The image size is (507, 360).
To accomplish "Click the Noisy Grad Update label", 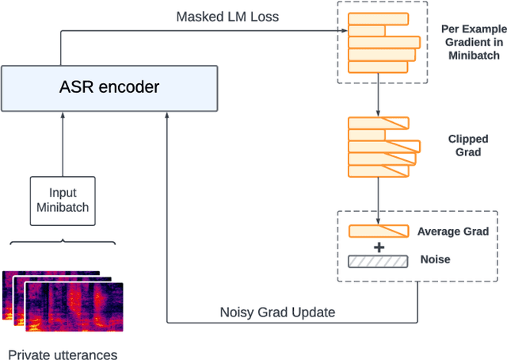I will coord(277,312).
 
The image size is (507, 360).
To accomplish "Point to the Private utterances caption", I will coord(62,354).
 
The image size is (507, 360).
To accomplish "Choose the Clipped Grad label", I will coord(468,145).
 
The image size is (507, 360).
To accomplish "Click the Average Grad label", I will coord(454,232).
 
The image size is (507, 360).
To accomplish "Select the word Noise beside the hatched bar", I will coord(435,259).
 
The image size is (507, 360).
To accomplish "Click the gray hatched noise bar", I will coord(378,260).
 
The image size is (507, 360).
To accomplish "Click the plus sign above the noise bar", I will coord(379,247).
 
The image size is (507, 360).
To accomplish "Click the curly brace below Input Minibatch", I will coord(62,242).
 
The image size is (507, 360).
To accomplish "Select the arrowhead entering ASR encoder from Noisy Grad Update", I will coord(168,116).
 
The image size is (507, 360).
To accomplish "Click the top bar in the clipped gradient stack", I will coord(379,123).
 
